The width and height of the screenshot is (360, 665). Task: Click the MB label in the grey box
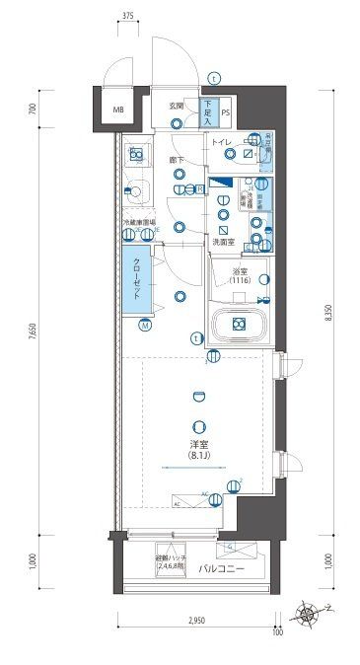pyautogui.click(x=117, y=110)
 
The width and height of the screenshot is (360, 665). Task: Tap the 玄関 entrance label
pyautogui.click(x=177, y=105)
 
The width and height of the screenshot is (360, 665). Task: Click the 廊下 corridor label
pyautogui.click(x=177, y=160)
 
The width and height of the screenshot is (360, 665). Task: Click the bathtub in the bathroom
pyautogui.click(x=240, y=324)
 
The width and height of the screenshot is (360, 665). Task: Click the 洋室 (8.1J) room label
pyautogui.click(x=203, y=451)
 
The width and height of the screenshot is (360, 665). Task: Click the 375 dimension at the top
pyautogui.click(x=129, y=17)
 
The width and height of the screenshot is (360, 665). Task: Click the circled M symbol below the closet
pyautogui.click(x=144, y=325)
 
